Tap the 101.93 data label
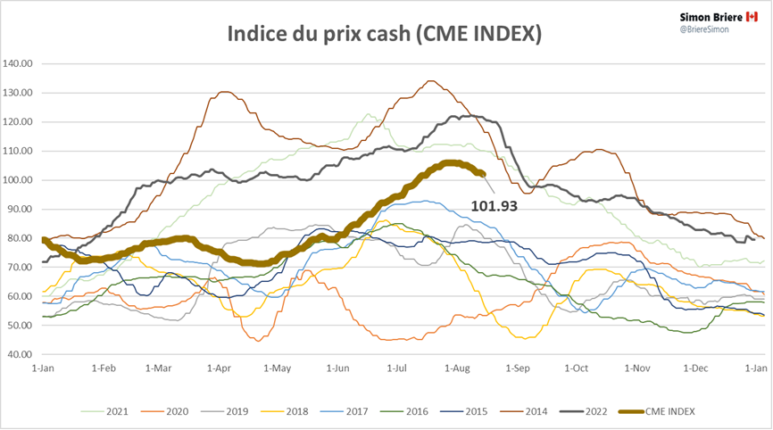click(x=495, y=205)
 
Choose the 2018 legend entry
click(x=290, y=411)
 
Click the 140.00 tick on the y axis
click(x=18, y=64)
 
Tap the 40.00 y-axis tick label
click(x=20, y=355)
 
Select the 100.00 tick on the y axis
click(x=18, y=180)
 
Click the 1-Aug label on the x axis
click(x=455, y=368)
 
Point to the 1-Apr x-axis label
click(x=218, y=368)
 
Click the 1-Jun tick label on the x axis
click(x=337, y=368)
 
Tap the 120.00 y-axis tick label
click(x=18, y=122)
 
